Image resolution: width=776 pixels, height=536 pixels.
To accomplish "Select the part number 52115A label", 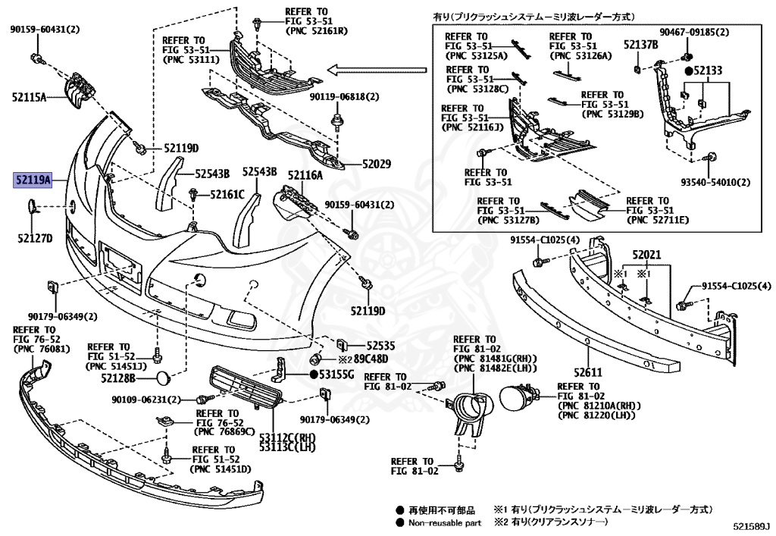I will coord(29,97).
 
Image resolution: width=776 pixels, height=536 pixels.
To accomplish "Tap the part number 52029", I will coord(376,164).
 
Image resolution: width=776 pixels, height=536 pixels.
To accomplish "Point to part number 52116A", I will coord(304,175).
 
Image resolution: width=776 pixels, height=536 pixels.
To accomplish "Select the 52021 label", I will coord(647,255).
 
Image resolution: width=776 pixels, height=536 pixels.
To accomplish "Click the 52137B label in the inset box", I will coord(640,45).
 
